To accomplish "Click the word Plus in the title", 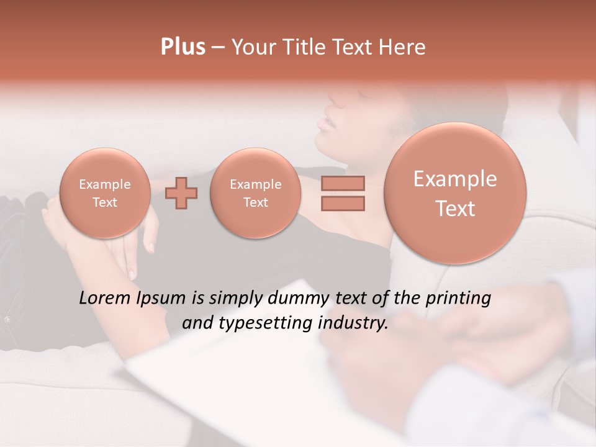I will pos(183,47).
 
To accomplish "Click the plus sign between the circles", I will pos(181,193).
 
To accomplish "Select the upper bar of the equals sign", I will pos(343,183).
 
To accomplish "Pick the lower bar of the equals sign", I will pos(343,203).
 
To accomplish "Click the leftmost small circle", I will pos(104,193).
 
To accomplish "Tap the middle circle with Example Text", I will pos(255,193).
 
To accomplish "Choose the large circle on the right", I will pos(455,193).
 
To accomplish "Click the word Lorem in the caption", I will pos(105,298).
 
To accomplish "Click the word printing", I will pos(459,299).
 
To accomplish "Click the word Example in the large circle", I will pos(455,179).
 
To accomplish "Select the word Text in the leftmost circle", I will pos(104,202).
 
